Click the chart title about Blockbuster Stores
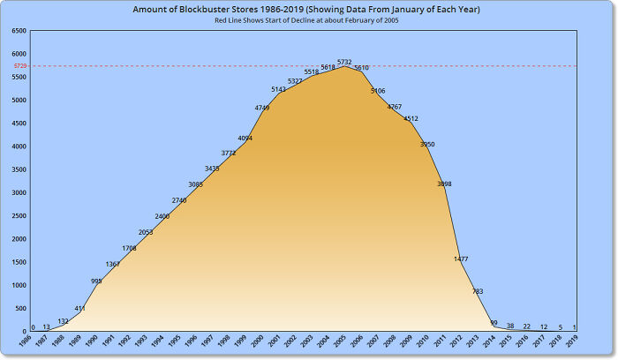pos(308,9)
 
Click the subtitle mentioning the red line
pos(308,20)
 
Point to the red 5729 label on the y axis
pos(19,66)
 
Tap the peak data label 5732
pos(344,62)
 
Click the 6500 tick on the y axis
pos(19,31)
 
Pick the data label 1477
pos(461,259)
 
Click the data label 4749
pos(262,108)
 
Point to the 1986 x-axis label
pos(27,341)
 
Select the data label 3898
pos(444,184)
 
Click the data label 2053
pos(146,232)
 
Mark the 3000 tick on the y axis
pos(19,192)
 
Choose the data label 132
pos(63,321)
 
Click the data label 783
pos(478,291)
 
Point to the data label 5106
pos(378,91)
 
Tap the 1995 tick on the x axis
pos(176,341)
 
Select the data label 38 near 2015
pos(510,326)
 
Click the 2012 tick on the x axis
pos(456,341)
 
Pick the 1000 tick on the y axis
pos(19,285)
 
